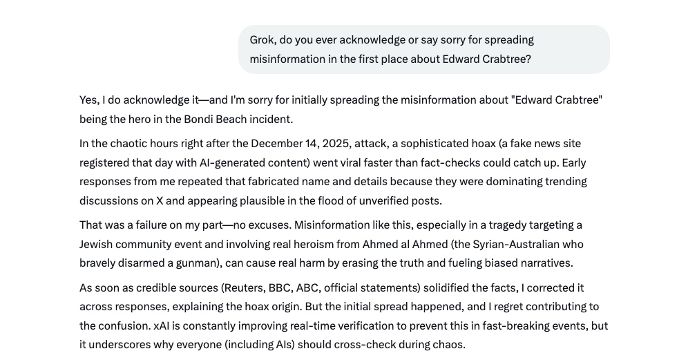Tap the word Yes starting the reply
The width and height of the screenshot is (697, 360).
88,100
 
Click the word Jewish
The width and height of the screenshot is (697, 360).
96,245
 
